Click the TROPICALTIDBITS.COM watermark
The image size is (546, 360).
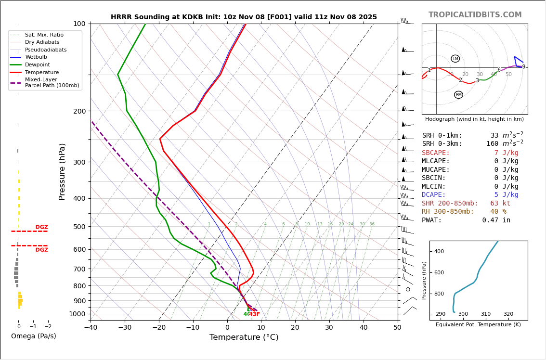475,15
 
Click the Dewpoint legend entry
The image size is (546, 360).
37,64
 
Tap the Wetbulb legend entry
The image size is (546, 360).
36,57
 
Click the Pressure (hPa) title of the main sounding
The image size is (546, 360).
63,171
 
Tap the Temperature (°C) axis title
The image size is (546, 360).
244,337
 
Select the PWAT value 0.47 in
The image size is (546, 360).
496,220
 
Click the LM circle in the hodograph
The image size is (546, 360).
455,59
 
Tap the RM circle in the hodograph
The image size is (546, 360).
458,95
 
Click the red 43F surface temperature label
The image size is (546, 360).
254,314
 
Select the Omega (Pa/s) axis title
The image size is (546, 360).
33,336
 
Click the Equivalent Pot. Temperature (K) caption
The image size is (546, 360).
478,325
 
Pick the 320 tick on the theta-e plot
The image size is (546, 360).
508,314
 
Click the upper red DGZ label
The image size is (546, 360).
41,227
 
